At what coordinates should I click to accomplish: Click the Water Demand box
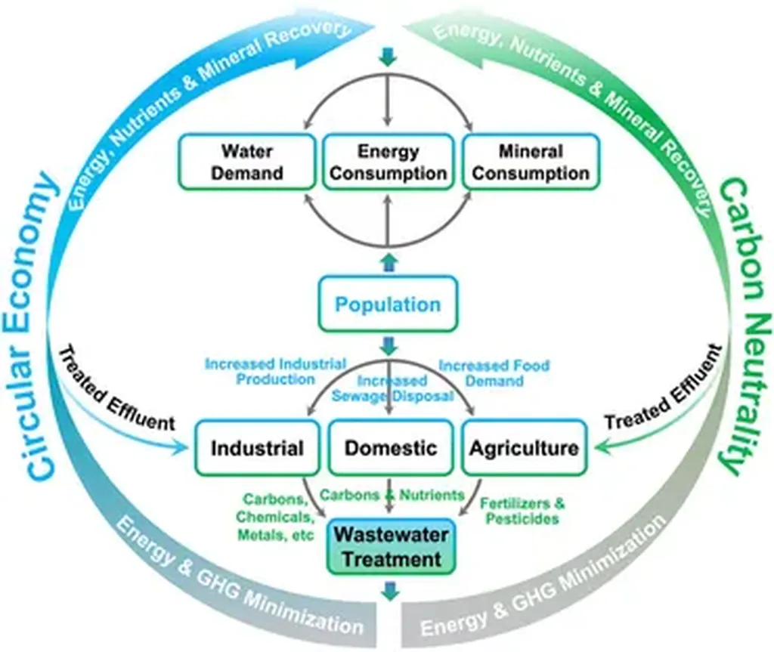pyautogui.click(x=246, y=162)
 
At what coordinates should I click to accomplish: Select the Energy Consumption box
pyautogui.click(x=389, y=162)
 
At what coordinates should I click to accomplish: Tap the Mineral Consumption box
pyautogui.click(x=531, y=162)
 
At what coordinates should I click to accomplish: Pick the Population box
pyautogui.click(x=388, y=304)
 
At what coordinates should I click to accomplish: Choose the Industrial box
pyautogui.click(x=257, y=448)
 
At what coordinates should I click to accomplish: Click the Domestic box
pyautogui.click(x=390, y=448)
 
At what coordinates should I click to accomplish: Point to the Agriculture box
pyautogui.click(x=524, y=448)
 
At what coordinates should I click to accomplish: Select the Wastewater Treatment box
pyautogui.click(x=391, y=547)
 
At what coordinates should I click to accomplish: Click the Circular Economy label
pyautogui.click(x=33, y=325)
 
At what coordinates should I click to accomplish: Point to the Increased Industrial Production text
pyautogui.click(x=275, y=372)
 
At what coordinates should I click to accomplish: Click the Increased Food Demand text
pyautogui.click(x=494, y=372)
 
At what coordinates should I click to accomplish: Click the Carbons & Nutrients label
pyautogui.click(x=392, y=495)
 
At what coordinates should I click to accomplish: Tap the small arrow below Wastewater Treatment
pyautogui.click(x=390, y=591)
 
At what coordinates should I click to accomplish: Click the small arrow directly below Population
pyautogui.click(x=389, y=347)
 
